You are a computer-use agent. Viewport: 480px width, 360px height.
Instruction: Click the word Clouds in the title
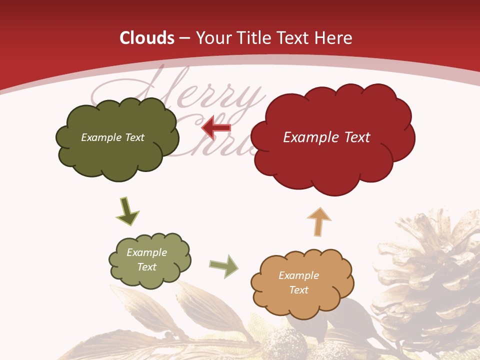click(147, 38)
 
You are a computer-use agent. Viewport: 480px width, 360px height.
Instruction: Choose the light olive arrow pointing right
click(224, 266)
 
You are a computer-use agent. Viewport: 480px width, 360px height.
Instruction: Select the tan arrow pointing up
click(318, 221)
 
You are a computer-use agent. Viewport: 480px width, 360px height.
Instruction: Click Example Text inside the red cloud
click(326, 137)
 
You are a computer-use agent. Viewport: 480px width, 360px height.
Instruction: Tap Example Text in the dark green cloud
click(112, 137)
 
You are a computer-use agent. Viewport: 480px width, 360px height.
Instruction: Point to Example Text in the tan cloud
click(298, 282)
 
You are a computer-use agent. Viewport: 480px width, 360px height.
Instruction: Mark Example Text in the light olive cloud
click(146, 259)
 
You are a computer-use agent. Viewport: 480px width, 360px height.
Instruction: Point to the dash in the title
click(185, 38)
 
